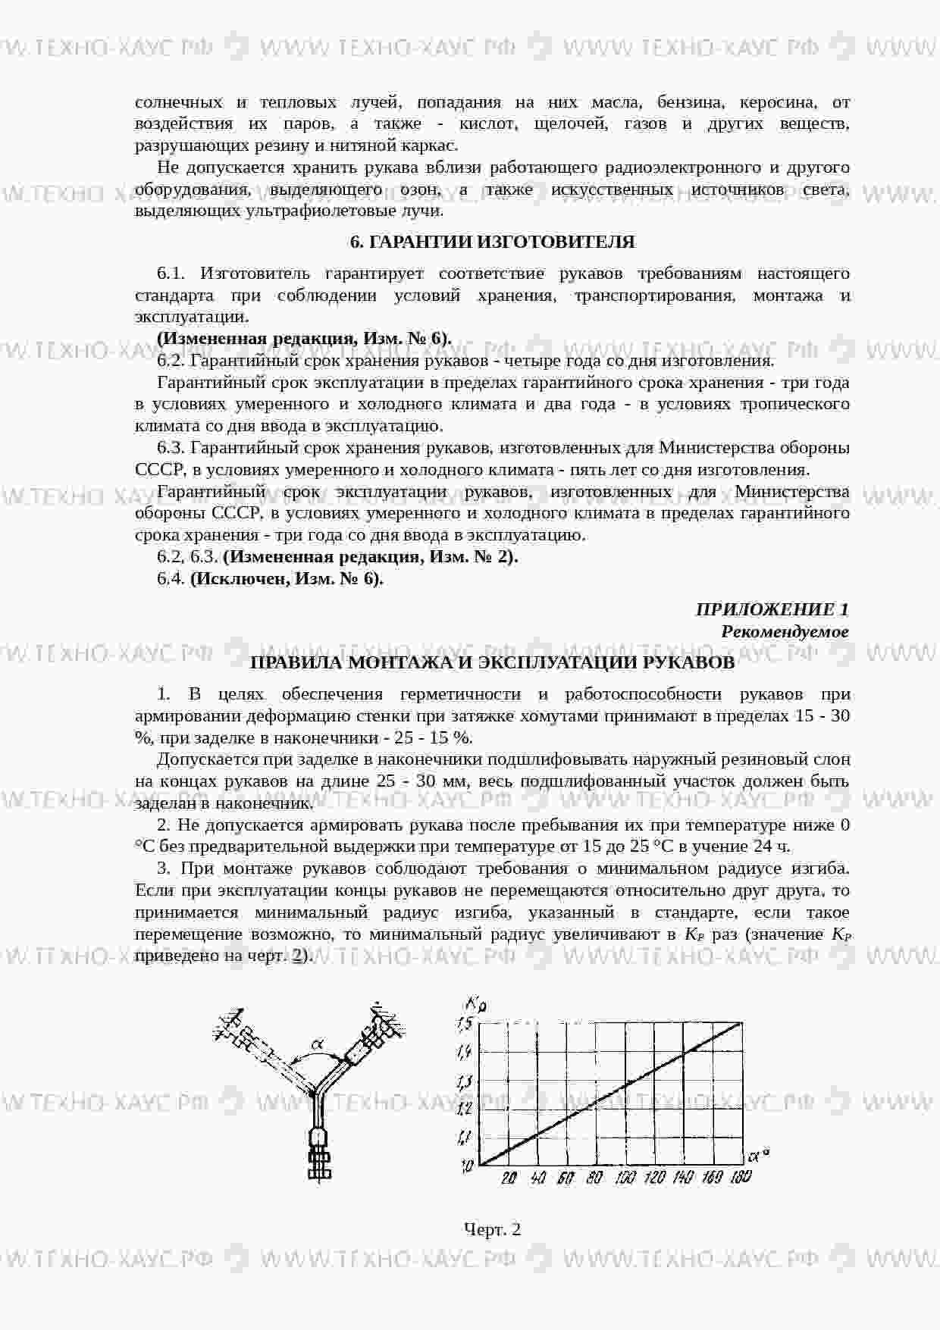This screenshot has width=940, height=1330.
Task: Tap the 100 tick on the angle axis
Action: (x=625, y=1177)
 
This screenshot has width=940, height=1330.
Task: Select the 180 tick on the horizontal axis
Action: (x=740, y=1177)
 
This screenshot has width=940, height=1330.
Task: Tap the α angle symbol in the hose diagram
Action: (x=318, y=1045)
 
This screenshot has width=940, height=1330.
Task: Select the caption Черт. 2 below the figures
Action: (x=492, y=1228)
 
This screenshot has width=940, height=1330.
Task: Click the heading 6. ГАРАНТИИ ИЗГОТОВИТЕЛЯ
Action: (x=492, y=242)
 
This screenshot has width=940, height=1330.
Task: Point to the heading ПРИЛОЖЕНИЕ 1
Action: (x=772, y=609)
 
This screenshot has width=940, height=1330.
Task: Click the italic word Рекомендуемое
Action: (x=785, y=631)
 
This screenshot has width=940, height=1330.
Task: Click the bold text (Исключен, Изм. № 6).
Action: (x=287, y=579)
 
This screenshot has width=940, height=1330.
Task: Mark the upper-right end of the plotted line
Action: (x=740, y=1024)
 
